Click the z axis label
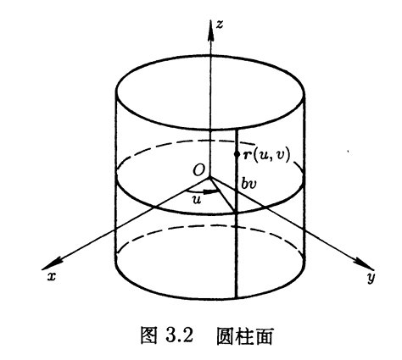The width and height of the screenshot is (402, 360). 219,25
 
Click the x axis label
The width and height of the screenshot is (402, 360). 51,277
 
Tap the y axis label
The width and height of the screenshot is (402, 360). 371,278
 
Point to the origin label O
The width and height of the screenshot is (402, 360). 199,170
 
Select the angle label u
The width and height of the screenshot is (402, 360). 197,200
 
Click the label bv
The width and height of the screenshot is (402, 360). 248,184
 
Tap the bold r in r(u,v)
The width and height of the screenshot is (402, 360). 247,155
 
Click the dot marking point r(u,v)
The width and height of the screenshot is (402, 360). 237,154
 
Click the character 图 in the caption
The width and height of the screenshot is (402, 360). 148,335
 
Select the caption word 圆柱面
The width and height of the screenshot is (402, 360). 244,335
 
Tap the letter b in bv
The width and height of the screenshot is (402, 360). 245,184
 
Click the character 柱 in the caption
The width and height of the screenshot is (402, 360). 244,335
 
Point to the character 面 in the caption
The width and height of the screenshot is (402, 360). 264,336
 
